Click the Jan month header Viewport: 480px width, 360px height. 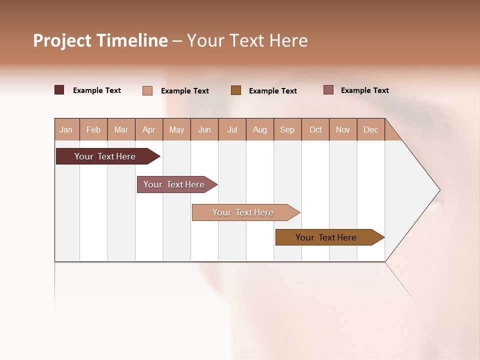tap(66, 130)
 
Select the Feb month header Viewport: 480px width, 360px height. tap(93, 130)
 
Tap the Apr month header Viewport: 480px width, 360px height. tap(148, 130)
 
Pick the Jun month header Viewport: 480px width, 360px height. tap(204, 130)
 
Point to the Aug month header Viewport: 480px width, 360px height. tap(259, 130)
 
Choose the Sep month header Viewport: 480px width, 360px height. tap(287, 130)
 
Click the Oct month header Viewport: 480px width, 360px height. tap(315, 130)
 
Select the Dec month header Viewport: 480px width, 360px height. tap(370, 130)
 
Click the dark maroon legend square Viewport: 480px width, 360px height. tap(59, 90)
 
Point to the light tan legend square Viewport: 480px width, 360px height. tap(147, 90)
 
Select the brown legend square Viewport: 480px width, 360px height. tap(236, 90)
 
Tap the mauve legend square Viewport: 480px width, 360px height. tap(328, 90)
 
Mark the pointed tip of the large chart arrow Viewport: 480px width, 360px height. tap(439, 190)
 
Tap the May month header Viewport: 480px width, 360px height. tap(176, 130)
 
